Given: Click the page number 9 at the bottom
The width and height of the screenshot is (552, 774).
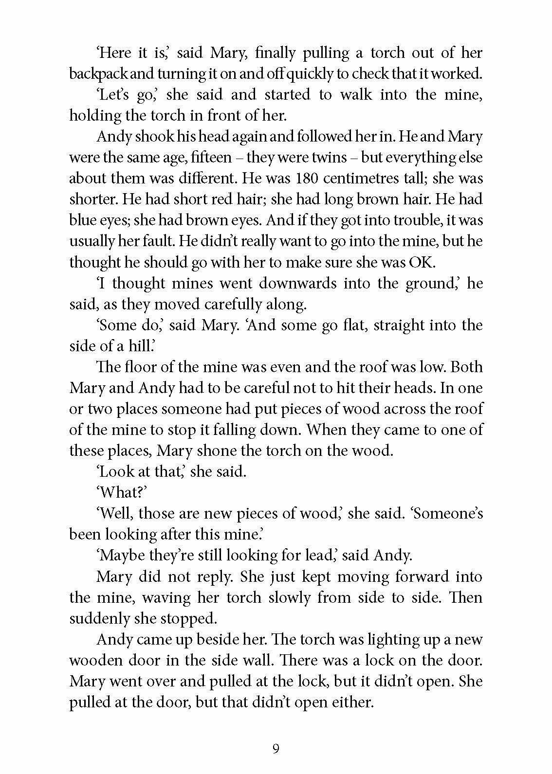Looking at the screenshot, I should (276, 748).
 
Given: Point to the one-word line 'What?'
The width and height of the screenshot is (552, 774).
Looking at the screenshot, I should (123, 492).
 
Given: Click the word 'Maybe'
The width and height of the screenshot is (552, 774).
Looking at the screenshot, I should (121, 555).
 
